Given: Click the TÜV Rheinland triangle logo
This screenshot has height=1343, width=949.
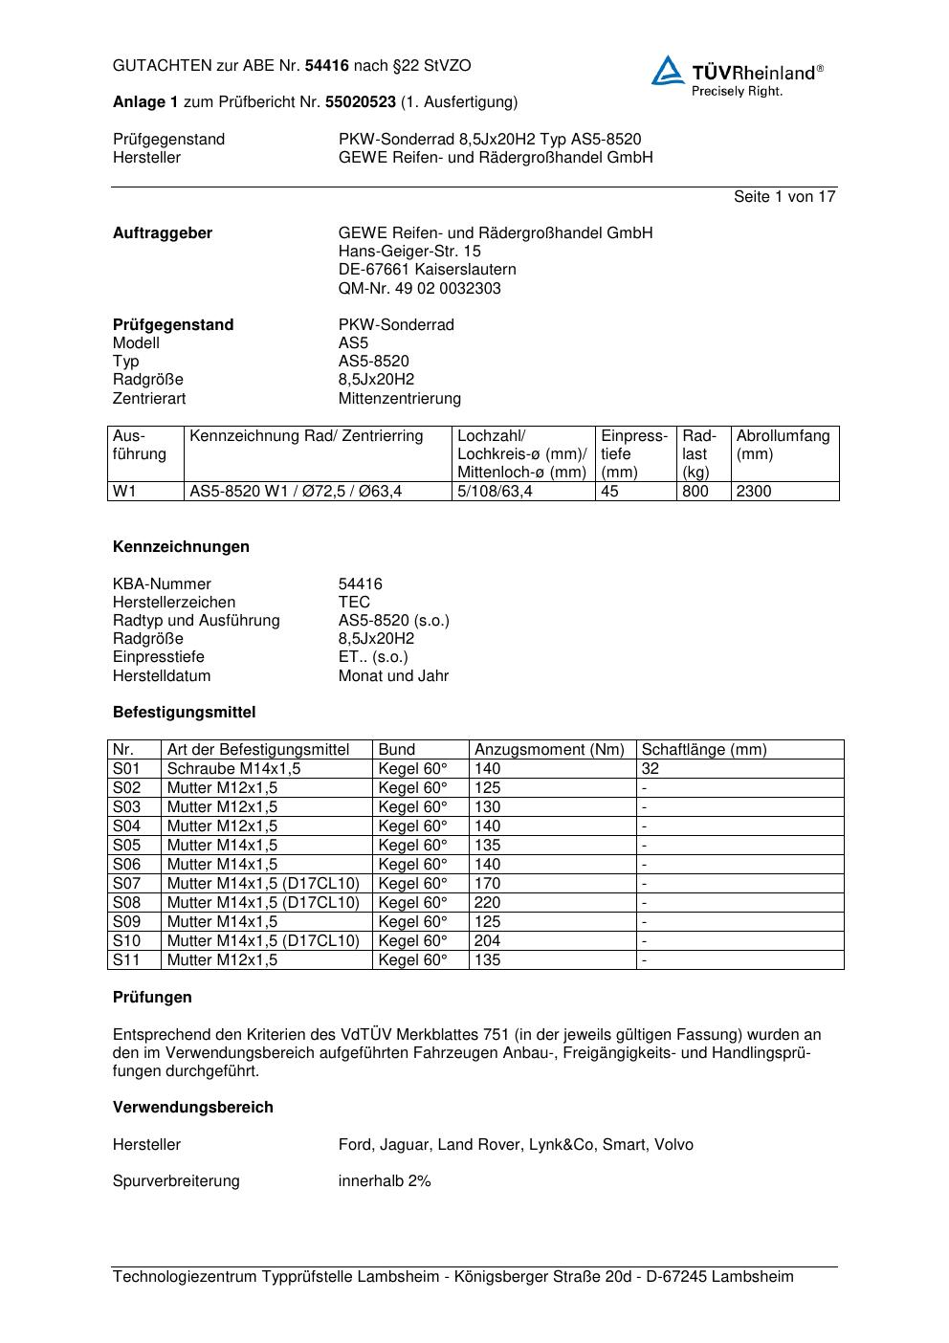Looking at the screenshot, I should pos(668,71).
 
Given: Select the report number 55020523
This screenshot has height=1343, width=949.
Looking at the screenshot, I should pos(361,101).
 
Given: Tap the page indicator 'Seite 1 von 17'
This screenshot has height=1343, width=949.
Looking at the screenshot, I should pos(784,196).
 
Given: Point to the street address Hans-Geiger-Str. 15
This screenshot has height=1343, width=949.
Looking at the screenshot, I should pos(409,252).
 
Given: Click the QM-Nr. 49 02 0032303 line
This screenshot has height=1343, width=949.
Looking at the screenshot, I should pos(419,288).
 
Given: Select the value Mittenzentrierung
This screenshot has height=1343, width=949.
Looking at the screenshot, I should pos(399,398).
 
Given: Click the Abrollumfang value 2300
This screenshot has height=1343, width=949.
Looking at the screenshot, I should pos(754,492).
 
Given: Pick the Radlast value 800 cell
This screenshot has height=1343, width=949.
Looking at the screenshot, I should pos(695,492).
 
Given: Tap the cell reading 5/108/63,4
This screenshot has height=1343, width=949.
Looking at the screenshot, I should pos(495,492).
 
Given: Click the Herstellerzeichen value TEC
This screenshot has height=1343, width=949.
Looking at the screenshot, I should pos(354,602).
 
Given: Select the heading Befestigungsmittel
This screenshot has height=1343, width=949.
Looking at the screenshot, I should pos(184,712).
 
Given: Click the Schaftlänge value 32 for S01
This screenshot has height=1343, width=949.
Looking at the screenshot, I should pos(651,768).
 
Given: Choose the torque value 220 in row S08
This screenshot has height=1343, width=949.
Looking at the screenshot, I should pos(487,902).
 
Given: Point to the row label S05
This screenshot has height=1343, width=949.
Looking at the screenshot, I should pos(126,845).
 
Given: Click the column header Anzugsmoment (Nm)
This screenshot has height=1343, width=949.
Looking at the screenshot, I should pos(549,750).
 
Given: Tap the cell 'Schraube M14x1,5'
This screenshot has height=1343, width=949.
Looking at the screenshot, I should pos(233,768).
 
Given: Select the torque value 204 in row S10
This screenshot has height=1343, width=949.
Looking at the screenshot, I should pos(487,940).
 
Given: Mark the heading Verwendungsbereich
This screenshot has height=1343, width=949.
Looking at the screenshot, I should pos(192,1107).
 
